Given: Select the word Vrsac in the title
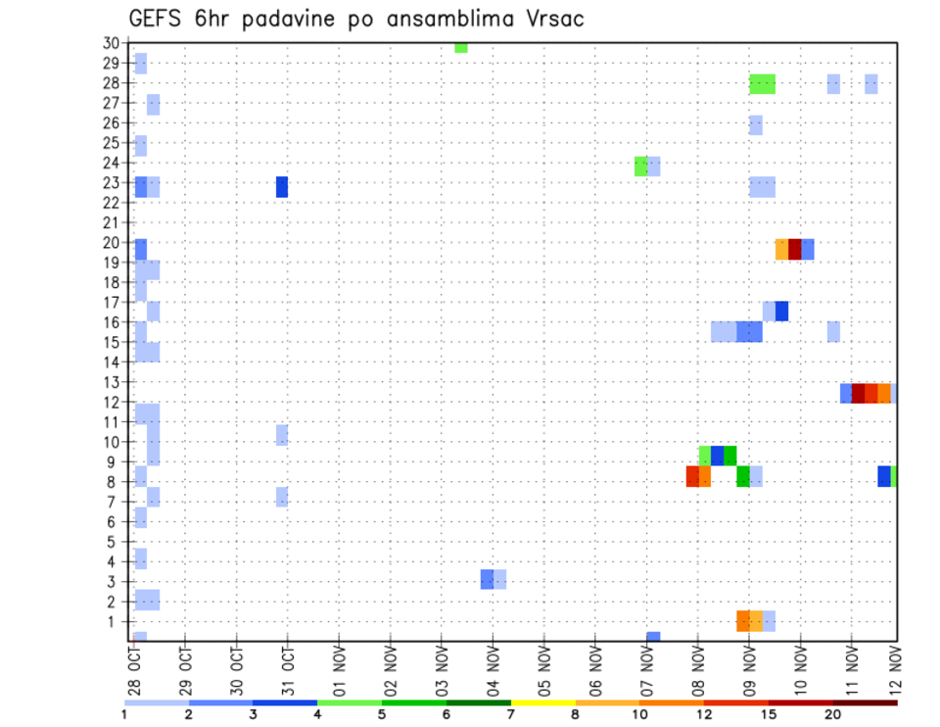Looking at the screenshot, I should pyautogui.click(x=553, y=19).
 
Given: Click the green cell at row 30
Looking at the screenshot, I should pyautogui.click(x=461, y=47).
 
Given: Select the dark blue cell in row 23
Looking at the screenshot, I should pyautogui.click(x=282, y=186).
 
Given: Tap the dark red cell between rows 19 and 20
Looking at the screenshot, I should pyautogui.click(x=795, y=249).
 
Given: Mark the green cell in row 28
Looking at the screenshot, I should pyautogui.click(x=763, y=84).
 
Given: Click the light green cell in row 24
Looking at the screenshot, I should pyautogui.click(x=640, y=167).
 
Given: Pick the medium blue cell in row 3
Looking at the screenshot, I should pyautogui.click(x=487, y=579).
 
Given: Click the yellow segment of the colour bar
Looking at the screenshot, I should pyautogui.click(x=542, y=703).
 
